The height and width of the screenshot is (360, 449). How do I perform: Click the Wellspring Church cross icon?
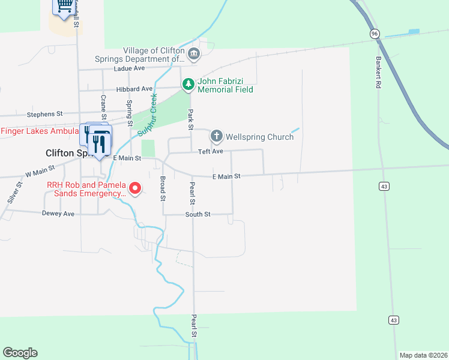point(216,136)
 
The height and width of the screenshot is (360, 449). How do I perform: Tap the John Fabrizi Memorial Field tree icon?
point(188,85)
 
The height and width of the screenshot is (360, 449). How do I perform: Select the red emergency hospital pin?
point(135,188)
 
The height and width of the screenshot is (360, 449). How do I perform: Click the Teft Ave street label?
point(211,151)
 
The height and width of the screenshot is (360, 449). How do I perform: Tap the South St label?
point(197,214)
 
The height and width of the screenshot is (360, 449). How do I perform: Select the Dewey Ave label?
point(58,214)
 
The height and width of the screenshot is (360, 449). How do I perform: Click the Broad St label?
point(163,188)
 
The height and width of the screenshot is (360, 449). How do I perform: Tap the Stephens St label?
point(44,113)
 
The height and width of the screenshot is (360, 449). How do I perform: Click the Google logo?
point(20,353)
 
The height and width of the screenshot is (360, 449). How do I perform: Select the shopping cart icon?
point(64,7)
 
